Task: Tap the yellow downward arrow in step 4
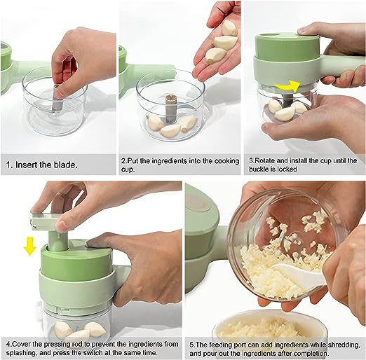pos(29,246)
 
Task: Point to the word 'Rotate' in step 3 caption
pos(264,160)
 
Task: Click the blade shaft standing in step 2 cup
pos(172,109)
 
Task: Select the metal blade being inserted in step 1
pos(57,98)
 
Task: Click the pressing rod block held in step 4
pos(44,221)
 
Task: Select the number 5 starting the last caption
pos(192,345)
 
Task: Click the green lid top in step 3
pos(287,47)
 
